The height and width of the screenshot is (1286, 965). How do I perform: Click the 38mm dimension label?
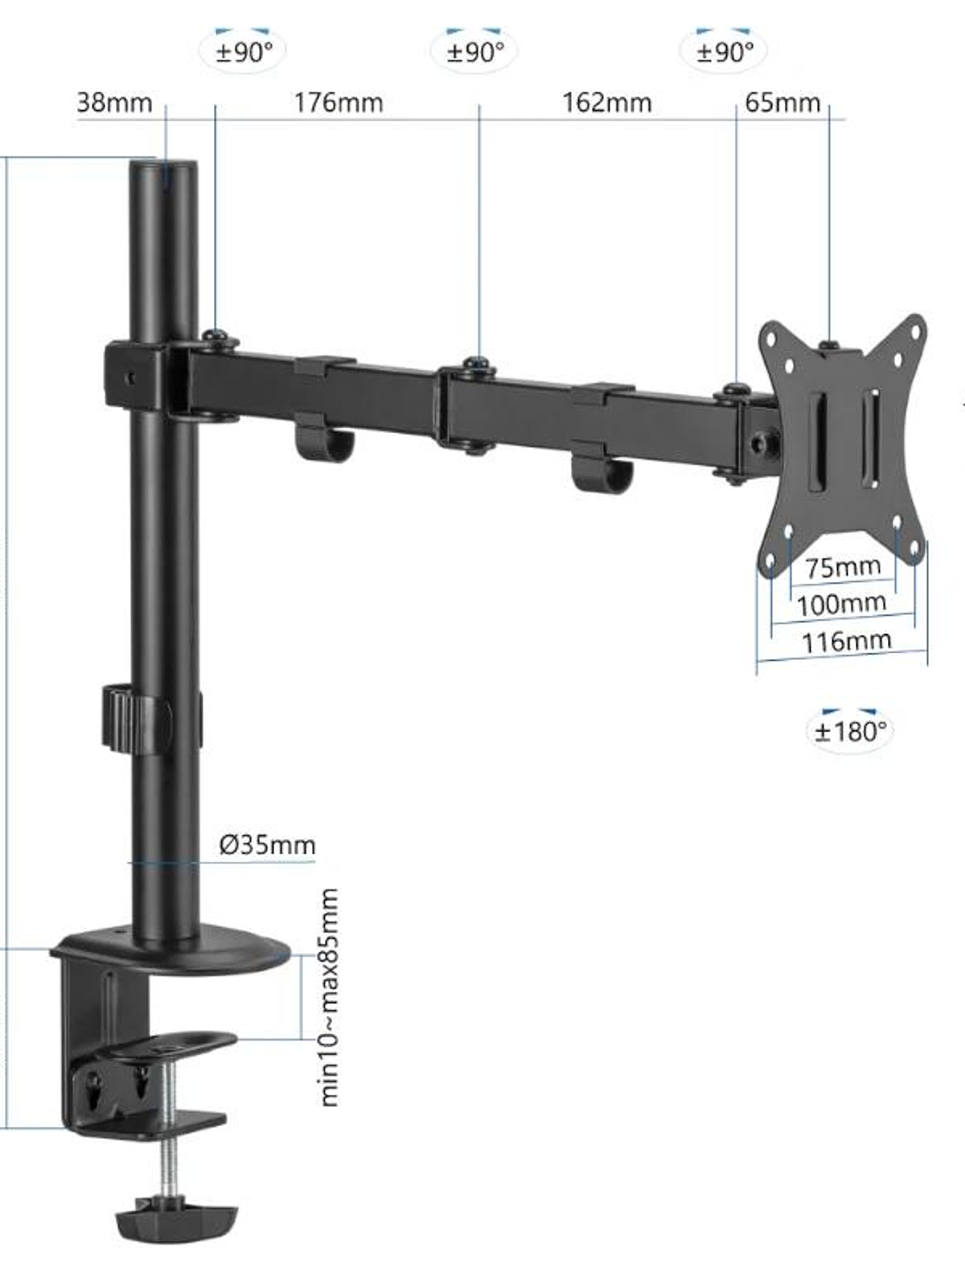click(x=115, y=103)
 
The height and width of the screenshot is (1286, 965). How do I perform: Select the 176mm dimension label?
click(x=339, y=103)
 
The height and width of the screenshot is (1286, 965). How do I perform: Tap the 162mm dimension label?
click(x=607, y=103)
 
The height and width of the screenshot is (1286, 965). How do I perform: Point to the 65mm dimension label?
click(x=783, y=103)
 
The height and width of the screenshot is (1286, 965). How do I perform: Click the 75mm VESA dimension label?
click(x=843, y=567)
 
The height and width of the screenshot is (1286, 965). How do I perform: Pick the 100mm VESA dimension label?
click(x=842, y=604)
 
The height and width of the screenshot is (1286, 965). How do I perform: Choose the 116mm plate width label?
click(x=846, y=640)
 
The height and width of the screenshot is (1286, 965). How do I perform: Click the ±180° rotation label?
click(x=849, y=730)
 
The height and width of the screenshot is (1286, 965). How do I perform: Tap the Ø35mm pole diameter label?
click(x=267, y=844)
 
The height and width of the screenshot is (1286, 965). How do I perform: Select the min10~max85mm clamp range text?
click(x=329, y=997)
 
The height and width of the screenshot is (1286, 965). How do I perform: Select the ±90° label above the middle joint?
click(x=476, y=52)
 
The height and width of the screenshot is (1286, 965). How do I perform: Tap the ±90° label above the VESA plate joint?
click(x=725, y=52)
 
